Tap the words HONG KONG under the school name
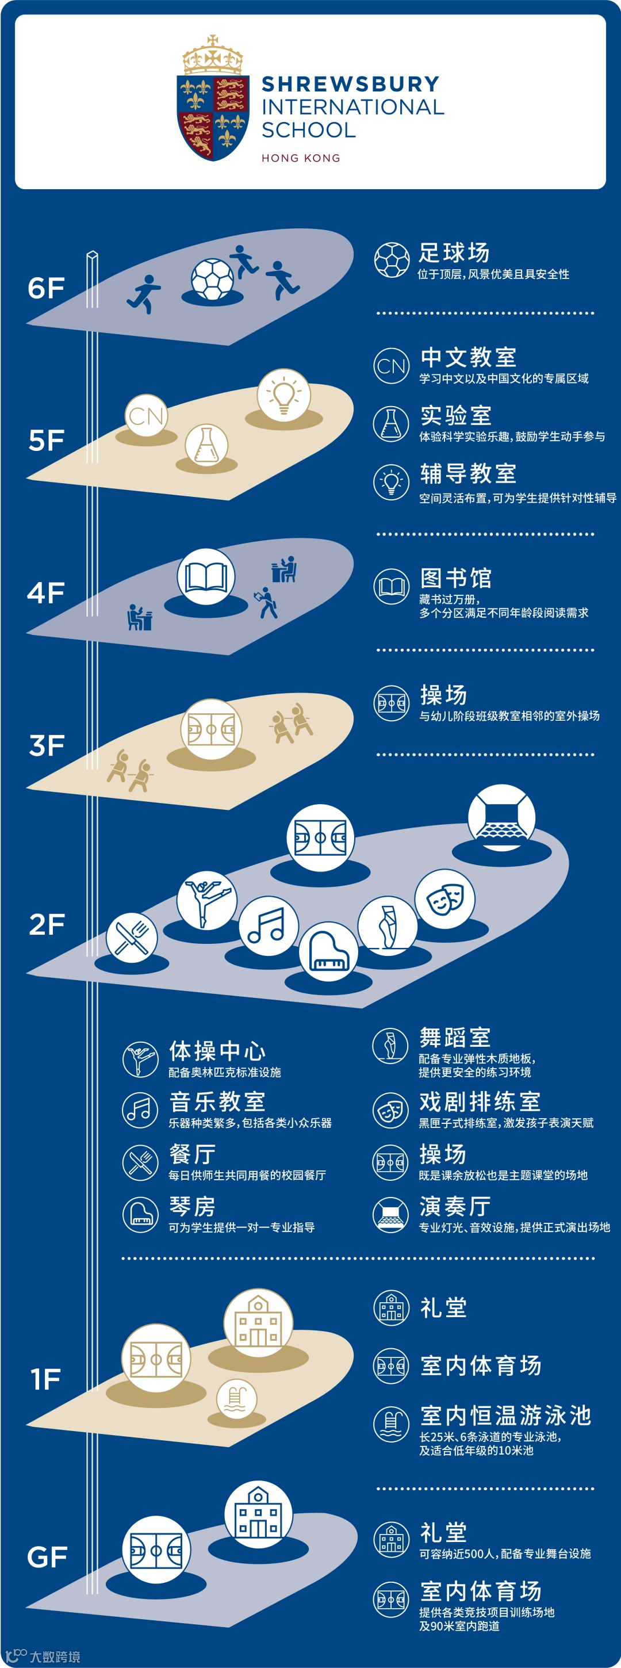pyautogui.click(x=301, y=158)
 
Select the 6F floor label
pyautogui.click(x=46, y=288)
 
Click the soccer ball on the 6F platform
pyautogui.click(x=212, y=280)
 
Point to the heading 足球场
pyautogui.click(x=454, y=253)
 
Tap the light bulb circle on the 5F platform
pyautogui.click(x=283, y=395)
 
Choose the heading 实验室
pyautogui.click(x=456, y=416)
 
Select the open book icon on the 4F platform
pyautogui.click(x=206, y=576)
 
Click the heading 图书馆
pyautogui.click(x=456, y=578)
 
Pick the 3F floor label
pyautogui.click(x=47, y=745)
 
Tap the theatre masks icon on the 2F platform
pyautogui.click(x=445, y=899)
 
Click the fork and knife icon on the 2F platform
pyautogui.click(x=132, y=938)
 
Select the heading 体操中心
pyautogui.click(x=217, y=1050)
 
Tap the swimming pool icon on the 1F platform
pyautogui.click(x=236, y=1398)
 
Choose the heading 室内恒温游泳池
pyautogui.click(x=506, y=1416)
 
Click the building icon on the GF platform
pyautogui.click(x=258, y=1514)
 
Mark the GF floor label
pyautogui.click(x=47, y=1557)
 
